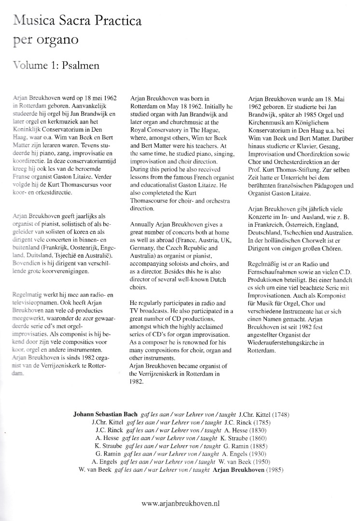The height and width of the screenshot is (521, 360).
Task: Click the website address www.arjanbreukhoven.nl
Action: pos(180,489)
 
